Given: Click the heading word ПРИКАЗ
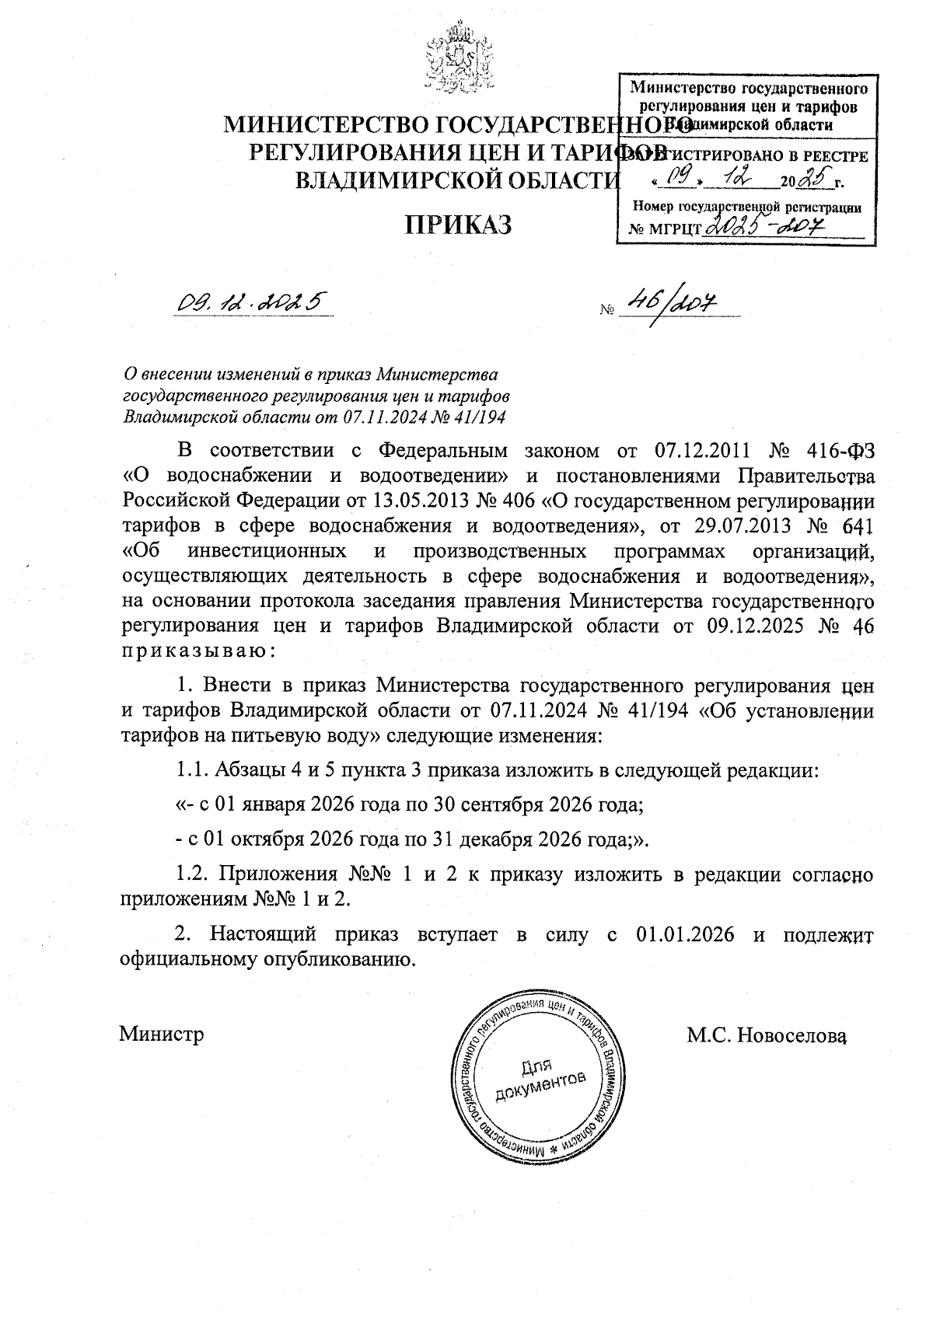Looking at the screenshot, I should [x=458, y=225].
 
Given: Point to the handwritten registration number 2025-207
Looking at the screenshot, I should [x=766, y=226].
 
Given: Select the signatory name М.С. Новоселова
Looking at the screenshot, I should [x=766, y=1035].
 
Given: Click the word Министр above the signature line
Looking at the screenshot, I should [x=162, y=1035].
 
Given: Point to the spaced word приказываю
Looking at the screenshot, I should [x=197, y=651].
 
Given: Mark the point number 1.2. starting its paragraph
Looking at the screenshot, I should [x=194, y=874].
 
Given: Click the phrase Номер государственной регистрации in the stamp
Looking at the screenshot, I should [x=747, y=207].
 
